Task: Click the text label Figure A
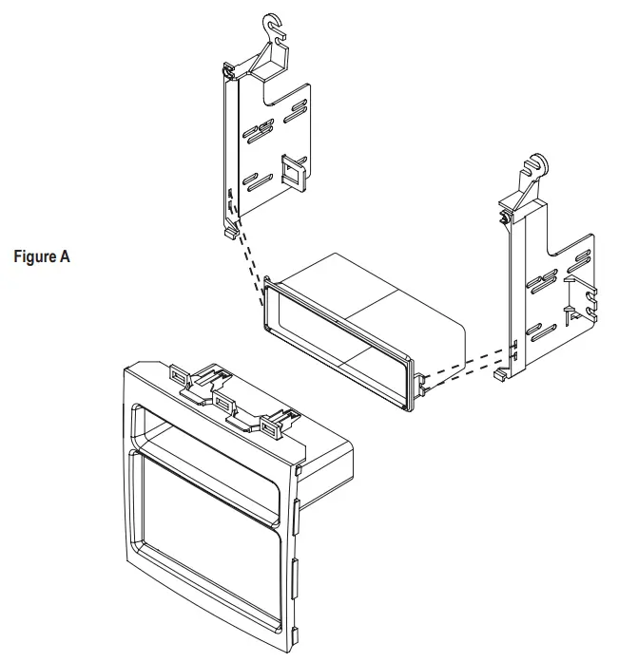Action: pyautogui.click(x=43, y=256)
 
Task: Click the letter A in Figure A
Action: pyautogui.click(x=65, y=256)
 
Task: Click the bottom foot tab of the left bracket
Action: pyautogui.click(x=229, y=230)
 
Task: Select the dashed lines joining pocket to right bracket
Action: pyautogui.click(x=466, y=366)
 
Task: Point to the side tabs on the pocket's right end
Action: pyautogui.click(x=420, y=385)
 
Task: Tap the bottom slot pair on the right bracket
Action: pyautogui.click(x=543, y=331)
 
